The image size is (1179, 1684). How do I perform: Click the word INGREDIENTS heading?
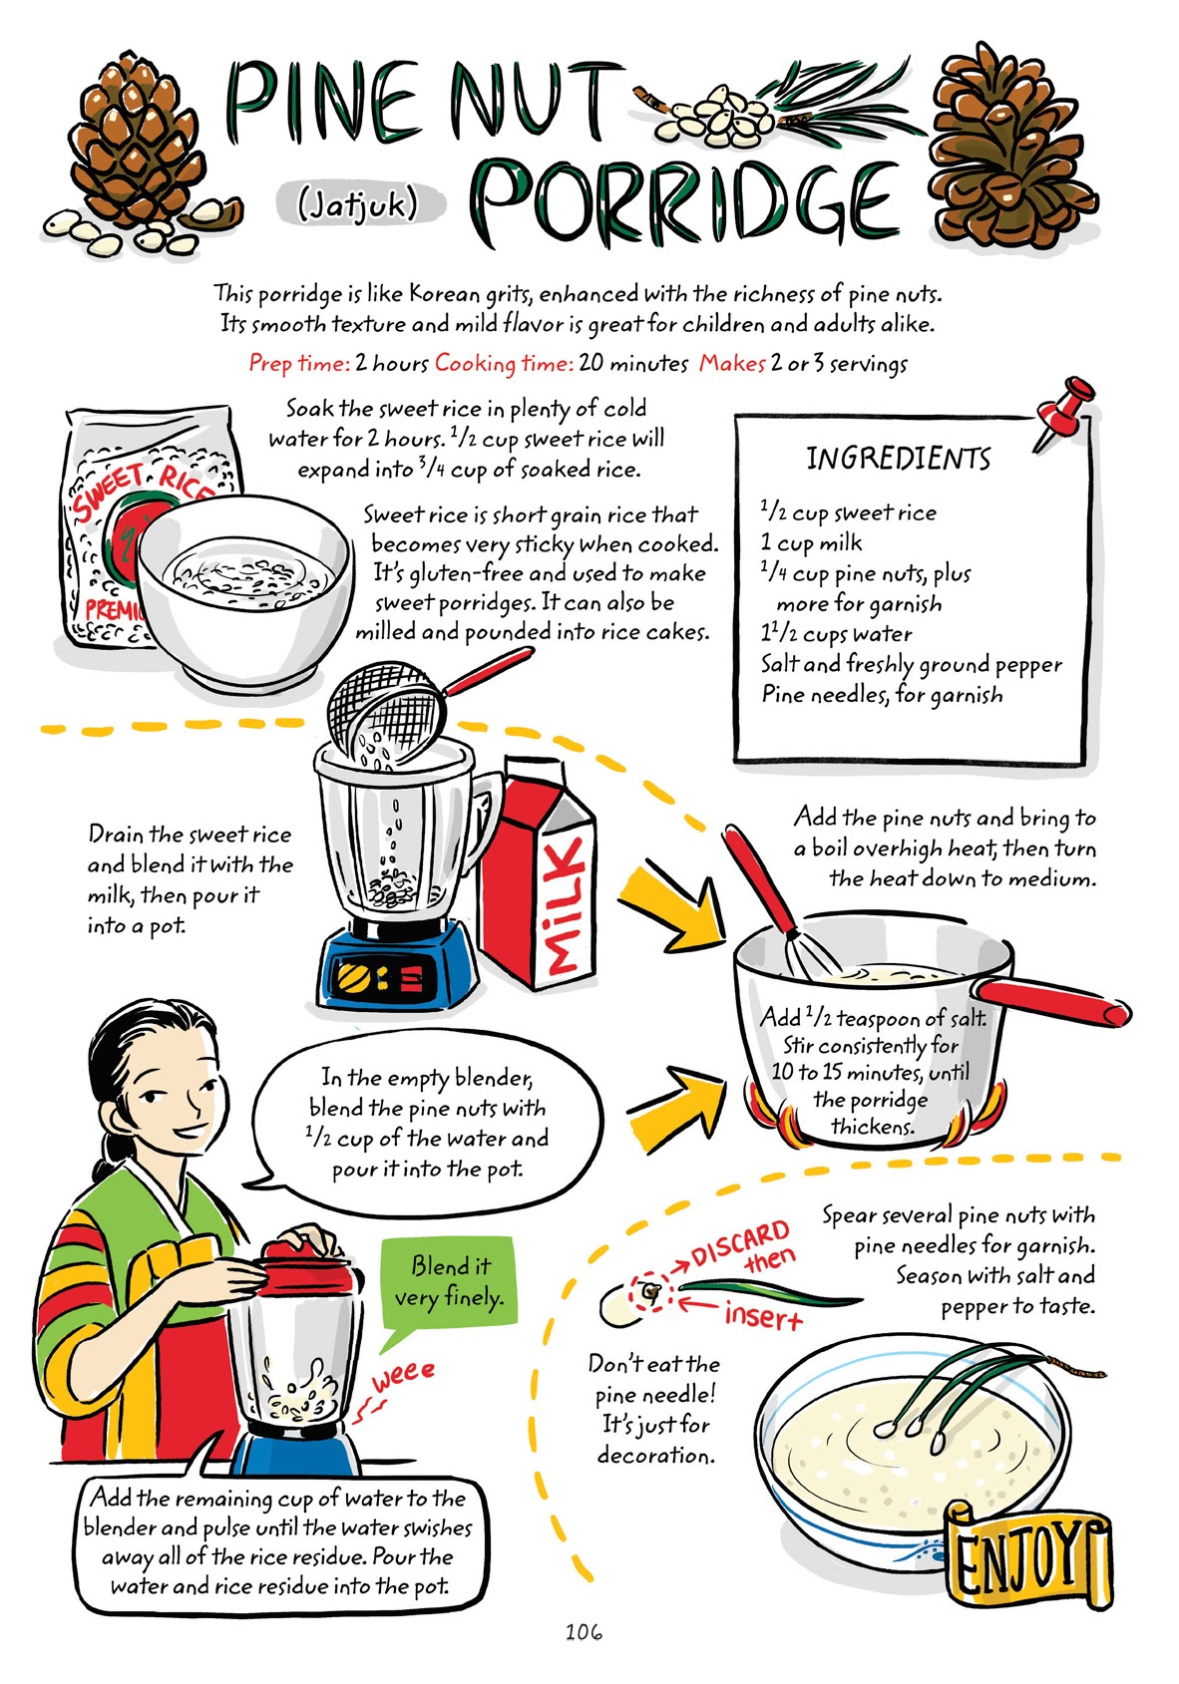tap(898, 459)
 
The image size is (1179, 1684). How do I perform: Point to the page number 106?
tap(584, 1632)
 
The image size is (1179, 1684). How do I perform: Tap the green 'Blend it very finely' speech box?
tap(450, 1281)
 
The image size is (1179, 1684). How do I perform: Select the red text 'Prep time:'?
tap(298, 363)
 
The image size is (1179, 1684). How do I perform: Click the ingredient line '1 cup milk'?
tap(811, 543)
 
